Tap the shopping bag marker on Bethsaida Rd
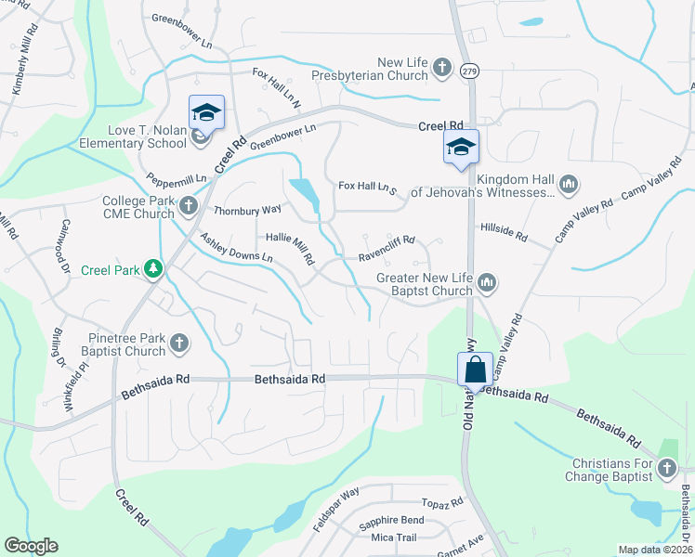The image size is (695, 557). pyautogui.click(x=475, y=369)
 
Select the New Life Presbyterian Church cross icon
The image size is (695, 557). pyautogui.click(x=441, y=68)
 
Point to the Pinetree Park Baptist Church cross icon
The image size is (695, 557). pyautogui.click(x=179, y=344)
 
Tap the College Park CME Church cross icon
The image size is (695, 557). pyautogui.click(x=188, y=206)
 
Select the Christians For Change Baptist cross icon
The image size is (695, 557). pyautogui.click(x=667, y=470)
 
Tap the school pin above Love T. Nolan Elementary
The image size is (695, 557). pyautogui.click(x=206, y=113)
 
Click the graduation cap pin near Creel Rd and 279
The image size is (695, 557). pyautogui.click(x=461, y=147)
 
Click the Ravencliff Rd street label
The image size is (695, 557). pyautogui.click(x=387, y=245)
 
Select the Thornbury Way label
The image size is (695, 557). pyautogui.click(x=246, y=211)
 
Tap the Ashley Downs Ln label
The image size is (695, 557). pyautogui.click(x=236, y=246)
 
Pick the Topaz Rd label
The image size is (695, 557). pyautogui.click(x=441, y=502)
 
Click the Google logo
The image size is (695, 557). pyautogui.click(x=32, y=545)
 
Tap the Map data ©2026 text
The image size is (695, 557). pyautogui.click(x=655, y=550)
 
